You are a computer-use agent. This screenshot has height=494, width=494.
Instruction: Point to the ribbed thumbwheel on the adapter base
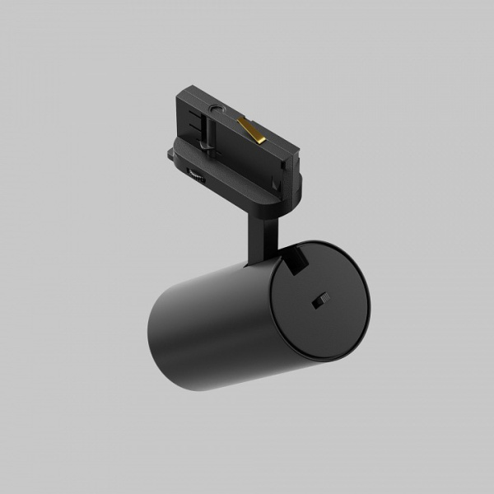point(198,175)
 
